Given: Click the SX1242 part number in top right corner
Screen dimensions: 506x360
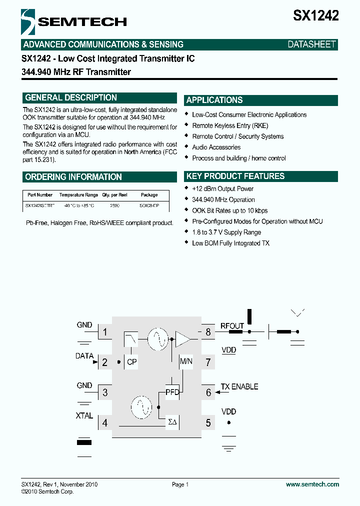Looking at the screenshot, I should pos(315,16).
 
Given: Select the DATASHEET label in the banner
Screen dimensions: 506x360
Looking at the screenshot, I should pos(311,44).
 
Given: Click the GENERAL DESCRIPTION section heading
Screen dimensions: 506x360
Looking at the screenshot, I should pos(71,98).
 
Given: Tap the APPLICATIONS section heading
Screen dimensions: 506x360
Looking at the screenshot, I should pos(214,100).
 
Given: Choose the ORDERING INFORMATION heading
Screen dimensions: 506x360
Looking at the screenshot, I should pos(73,177).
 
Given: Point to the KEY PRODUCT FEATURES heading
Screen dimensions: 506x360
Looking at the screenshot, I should pos(235,176).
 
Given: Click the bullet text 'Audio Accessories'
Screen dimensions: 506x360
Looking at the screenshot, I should pos(216,147).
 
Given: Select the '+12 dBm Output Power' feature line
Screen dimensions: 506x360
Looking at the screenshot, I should pos(222,189).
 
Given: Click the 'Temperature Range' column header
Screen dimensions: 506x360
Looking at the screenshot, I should pos(78,195).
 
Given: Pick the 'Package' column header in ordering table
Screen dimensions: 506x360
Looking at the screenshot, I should pos(149,195).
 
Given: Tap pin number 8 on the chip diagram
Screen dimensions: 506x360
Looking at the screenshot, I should pos(208,331).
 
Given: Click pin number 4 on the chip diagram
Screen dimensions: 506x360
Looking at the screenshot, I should pos(104,423).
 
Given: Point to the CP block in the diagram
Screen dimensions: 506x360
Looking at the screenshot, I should pos(132,362).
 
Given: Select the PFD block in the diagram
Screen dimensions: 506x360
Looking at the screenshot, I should pos(172,392).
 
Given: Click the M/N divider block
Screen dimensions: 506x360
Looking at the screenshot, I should pos(185,361).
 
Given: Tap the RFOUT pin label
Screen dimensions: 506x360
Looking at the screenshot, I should pos(232,326).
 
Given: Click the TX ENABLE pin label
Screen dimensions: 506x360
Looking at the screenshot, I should pos(239,387).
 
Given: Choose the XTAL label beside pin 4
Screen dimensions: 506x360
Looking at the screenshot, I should pos(84,415).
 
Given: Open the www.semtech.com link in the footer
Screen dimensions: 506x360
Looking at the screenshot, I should pos(312,484).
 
